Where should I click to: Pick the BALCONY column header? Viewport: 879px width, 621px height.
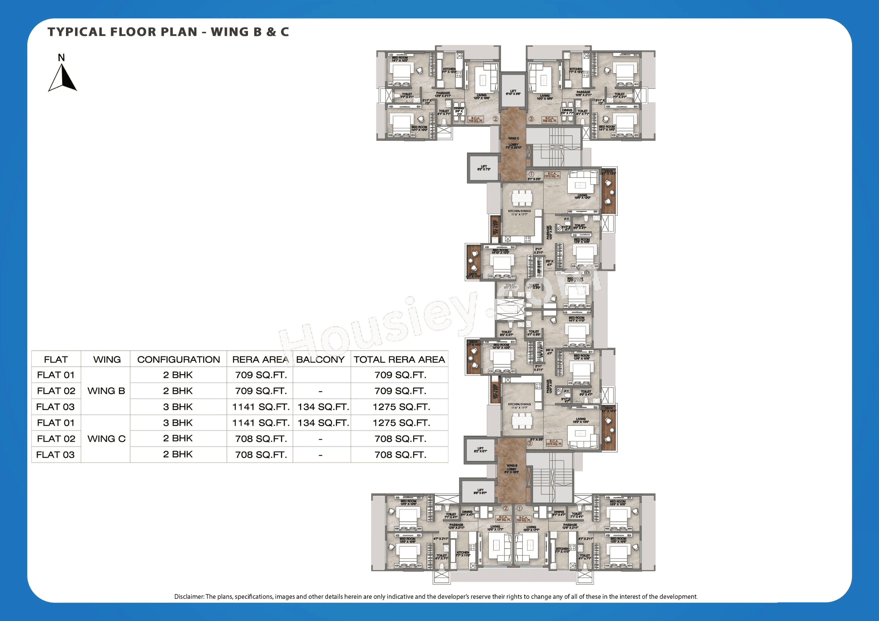[320, 360]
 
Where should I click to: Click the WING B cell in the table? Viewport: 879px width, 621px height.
[106, 391]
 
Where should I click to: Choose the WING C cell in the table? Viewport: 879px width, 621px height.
[106, 439]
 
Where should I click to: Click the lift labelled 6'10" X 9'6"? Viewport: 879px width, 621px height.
[513, 92]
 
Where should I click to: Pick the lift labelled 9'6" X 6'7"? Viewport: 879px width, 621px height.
[480, 491]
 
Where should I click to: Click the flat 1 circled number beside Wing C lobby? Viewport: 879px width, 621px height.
[531, 174]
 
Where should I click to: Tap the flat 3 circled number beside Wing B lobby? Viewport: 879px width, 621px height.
[530, 443]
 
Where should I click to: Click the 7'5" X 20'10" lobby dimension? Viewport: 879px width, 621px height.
[513, 147]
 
